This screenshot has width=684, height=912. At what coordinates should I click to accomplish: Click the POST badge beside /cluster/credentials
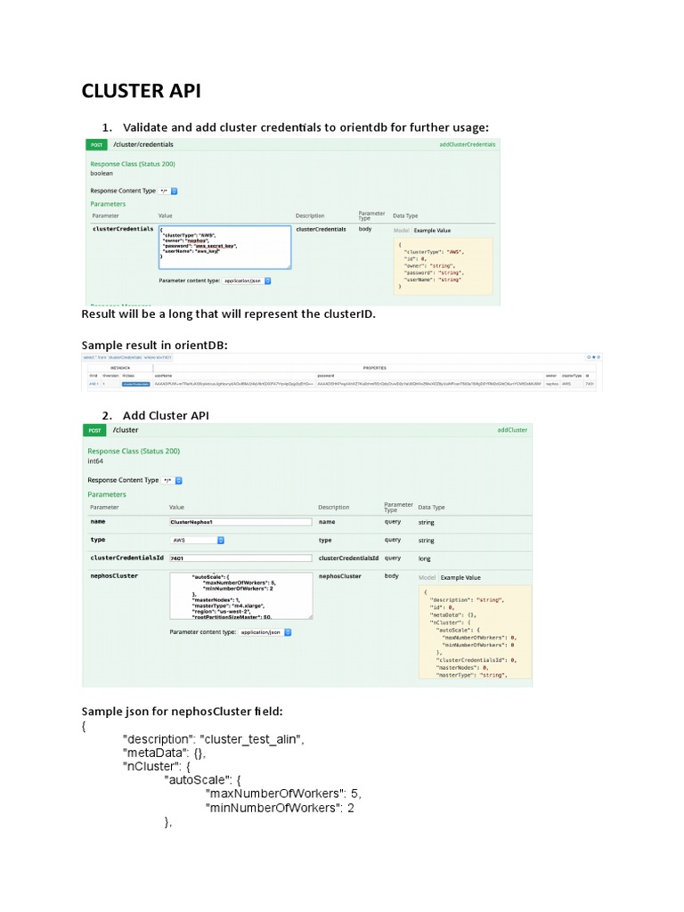click(x=95, y=144)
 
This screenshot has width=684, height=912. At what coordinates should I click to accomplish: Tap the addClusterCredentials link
click(x=467, y=144)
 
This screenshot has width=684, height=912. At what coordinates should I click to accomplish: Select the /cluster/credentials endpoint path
click(x=143, y=144)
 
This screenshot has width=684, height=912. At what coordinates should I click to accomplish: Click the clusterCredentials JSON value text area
click(x=224, y=247)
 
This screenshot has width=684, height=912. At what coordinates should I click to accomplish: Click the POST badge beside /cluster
click(x=94, y=429)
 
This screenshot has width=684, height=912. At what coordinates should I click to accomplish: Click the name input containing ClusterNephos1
click(x=240, y=522)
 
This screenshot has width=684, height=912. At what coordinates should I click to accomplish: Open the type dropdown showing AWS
click(x=197, y=540)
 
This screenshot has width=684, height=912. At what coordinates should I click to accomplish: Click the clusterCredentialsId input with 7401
click(x=240, y=558)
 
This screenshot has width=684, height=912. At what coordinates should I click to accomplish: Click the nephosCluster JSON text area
click(x=240, y=596)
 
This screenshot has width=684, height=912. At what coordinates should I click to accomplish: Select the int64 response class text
click(x=96, y=462)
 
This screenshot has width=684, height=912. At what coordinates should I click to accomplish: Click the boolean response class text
click(x=102, y=173)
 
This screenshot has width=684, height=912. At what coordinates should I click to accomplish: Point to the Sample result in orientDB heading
click(x=155, y=345)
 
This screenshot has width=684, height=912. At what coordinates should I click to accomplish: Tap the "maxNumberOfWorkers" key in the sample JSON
click(x=273, y=793)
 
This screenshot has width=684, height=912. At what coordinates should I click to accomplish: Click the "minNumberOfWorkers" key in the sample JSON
click(x=272, y=808)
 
